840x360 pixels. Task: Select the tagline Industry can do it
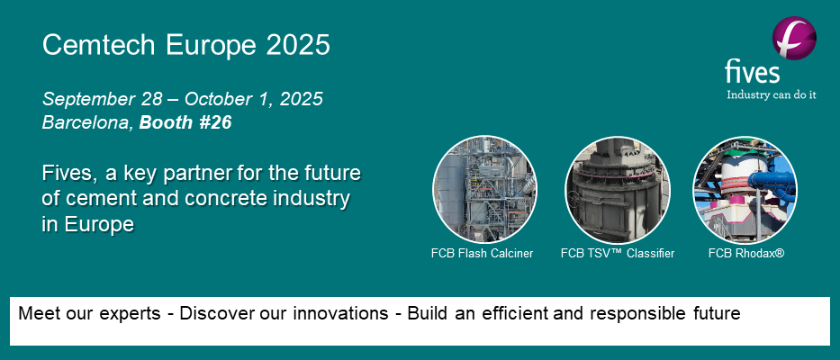tap(772, 94)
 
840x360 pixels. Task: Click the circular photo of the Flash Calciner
tap(484, 188)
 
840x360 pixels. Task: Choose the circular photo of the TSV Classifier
tap(617, 188)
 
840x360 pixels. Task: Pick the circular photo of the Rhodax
tap(745, 188)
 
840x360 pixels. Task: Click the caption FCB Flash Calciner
tap(482, 254)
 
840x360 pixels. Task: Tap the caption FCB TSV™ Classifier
tap(617, 254)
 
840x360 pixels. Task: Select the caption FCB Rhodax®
tap(746, 254)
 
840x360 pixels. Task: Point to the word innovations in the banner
tap(348, 314)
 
